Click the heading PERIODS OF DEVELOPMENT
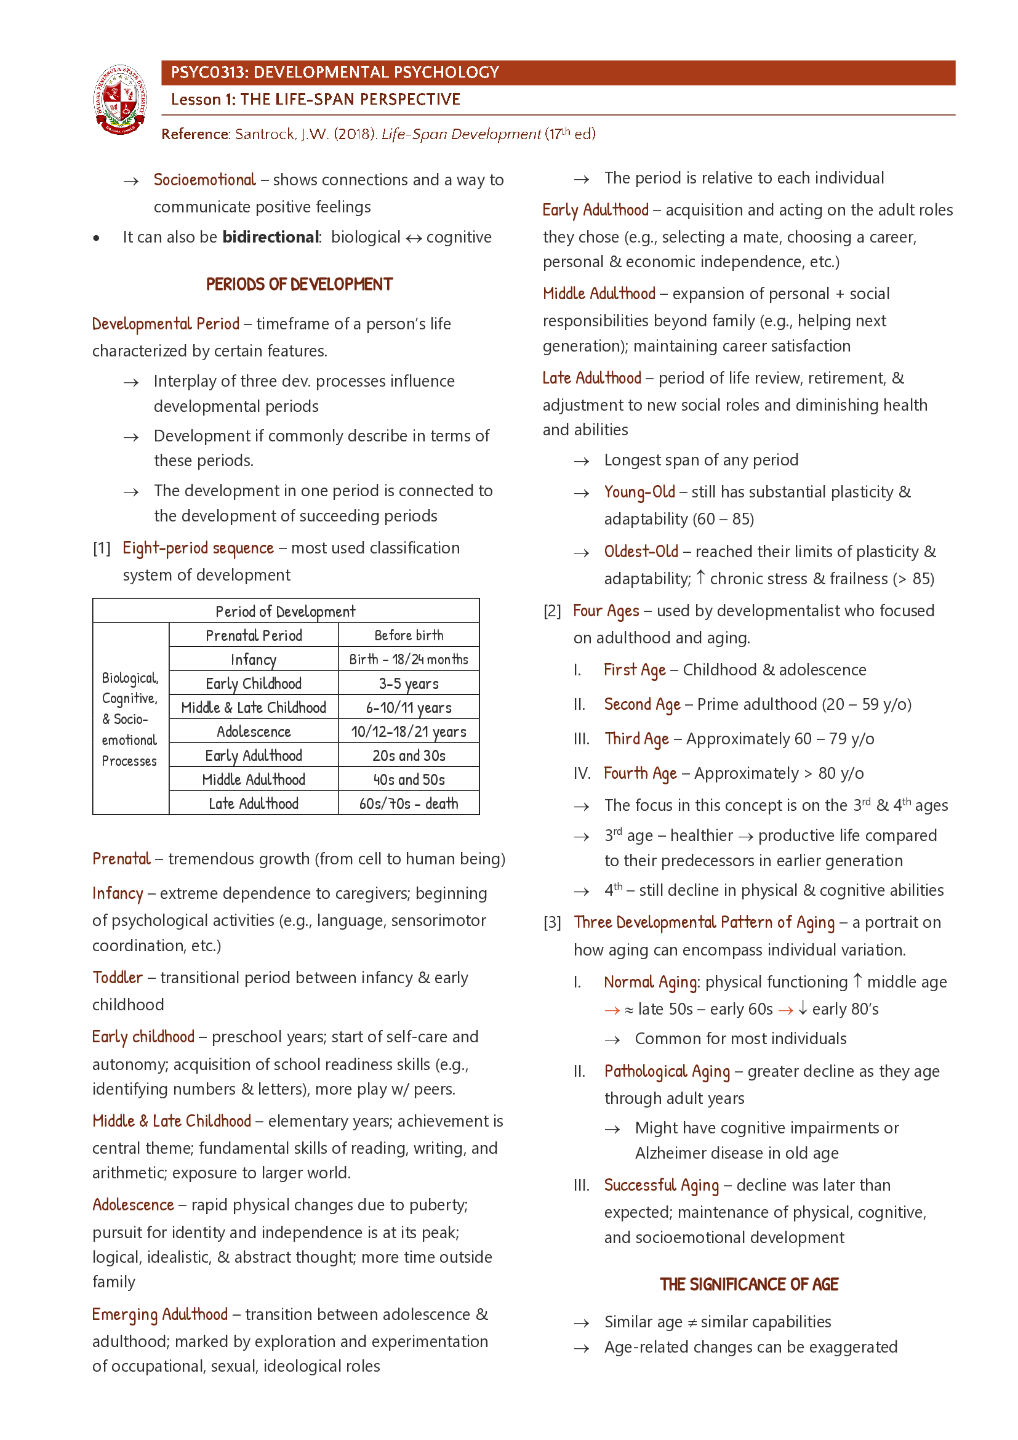click(299, 285)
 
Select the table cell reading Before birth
click(409, 635)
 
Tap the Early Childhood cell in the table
click(253, 683)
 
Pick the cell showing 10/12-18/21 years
click(409, 731)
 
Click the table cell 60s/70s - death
click(409, 803)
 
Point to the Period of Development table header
click(285, 611)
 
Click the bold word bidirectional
click(271, 237)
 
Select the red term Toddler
click(118, 978)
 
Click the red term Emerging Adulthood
click(160, 1314)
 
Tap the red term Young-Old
click(639, 493)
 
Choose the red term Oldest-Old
click(641, 552)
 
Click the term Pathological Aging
click(667, 1071)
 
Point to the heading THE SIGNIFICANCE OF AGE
click(748, 1284)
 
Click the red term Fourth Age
click(640, 773)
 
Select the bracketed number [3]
click(552, 923)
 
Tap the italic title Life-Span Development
click(461, 134)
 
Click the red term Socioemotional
click(204, 180)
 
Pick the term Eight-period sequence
click(198, 548)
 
